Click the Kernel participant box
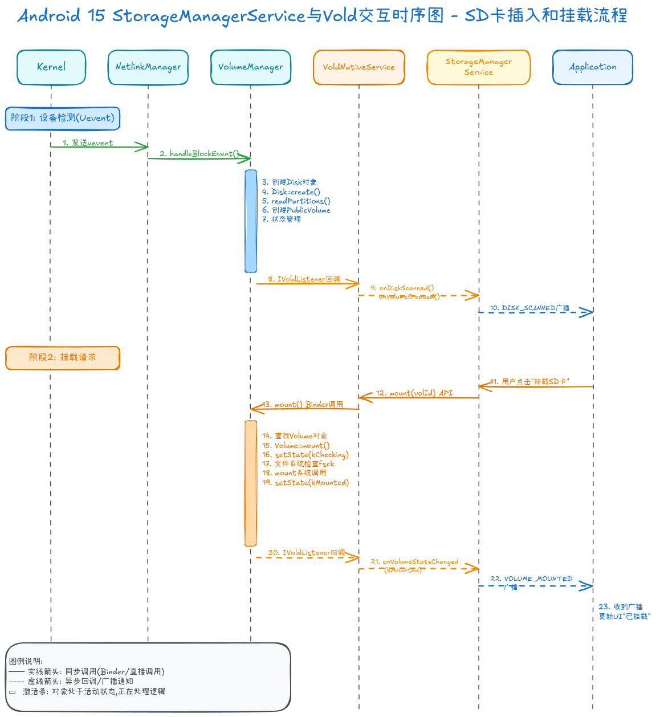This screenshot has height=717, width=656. click(51, 67)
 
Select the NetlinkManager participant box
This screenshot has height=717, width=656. click(148, 67)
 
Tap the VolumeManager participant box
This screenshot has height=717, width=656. click(251, 67)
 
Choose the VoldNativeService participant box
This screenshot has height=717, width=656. click(359, 67)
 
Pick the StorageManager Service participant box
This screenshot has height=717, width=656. click(479, 67)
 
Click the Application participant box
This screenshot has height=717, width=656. click(593, 67)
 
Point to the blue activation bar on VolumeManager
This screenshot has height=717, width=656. click(251, 221)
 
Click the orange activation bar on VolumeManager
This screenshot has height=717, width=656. click(251, 483)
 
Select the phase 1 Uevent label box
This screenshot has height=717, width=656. click(63, 119)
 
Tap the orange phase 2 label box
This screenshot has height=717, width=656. click(63, 358)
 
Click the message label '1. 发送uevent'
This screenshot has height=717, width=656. click(88, 143)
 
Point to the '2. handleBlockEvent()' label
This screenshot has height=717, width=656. click(199, 154)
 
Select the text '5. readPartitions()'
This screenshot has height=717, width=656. click(296, 201)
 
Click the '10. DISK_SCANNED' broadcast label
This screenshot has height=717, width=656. click(529, 308)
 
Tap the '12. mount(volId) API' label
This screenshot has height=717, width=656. click(414, 393)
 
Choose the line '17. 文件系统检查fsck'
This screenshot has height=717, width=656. click(298, 464)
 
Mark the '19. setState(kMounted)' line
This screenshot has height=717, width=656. click(305, 483)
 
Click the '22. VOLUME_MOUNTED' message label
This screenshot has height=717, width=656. click(531, 579)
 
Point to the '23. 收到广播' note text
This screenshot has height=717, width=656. click(621, 607)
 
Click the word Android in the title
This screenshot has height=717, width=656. click(49, 16)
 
